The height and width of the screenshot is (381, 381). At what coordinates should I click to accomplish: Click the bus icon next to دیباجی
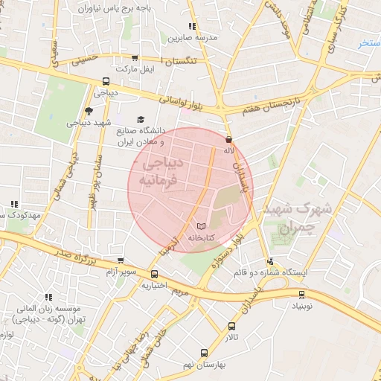(106, 82)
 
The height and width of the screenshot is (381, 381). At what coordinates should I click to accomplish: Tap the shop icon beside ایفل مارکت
(134, 58)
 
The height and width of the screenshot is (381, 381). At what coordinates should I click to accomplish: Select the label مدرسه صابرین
(191, 36)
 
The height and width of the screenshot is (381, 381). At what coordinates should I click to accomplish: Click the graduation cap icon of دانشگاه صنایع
(140, 119)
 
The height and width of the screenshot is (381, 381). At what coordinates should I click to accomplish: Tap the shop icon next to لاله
(228, 139)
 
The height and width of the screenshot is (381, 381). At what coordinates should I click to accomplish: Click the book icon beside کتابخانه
(200, 225)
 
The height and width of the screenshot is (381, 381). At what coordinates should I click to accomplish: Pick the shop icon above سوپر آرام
(121, 261)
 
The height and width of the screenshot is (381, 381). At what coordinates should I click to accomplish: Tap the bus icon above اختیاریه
(154, 273)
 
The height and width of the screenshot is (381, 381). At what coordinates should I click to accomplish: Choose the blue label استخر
(369, 44)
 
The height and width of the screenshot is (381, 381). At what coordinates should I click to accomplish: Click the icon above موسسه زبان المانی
(49, 297)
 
